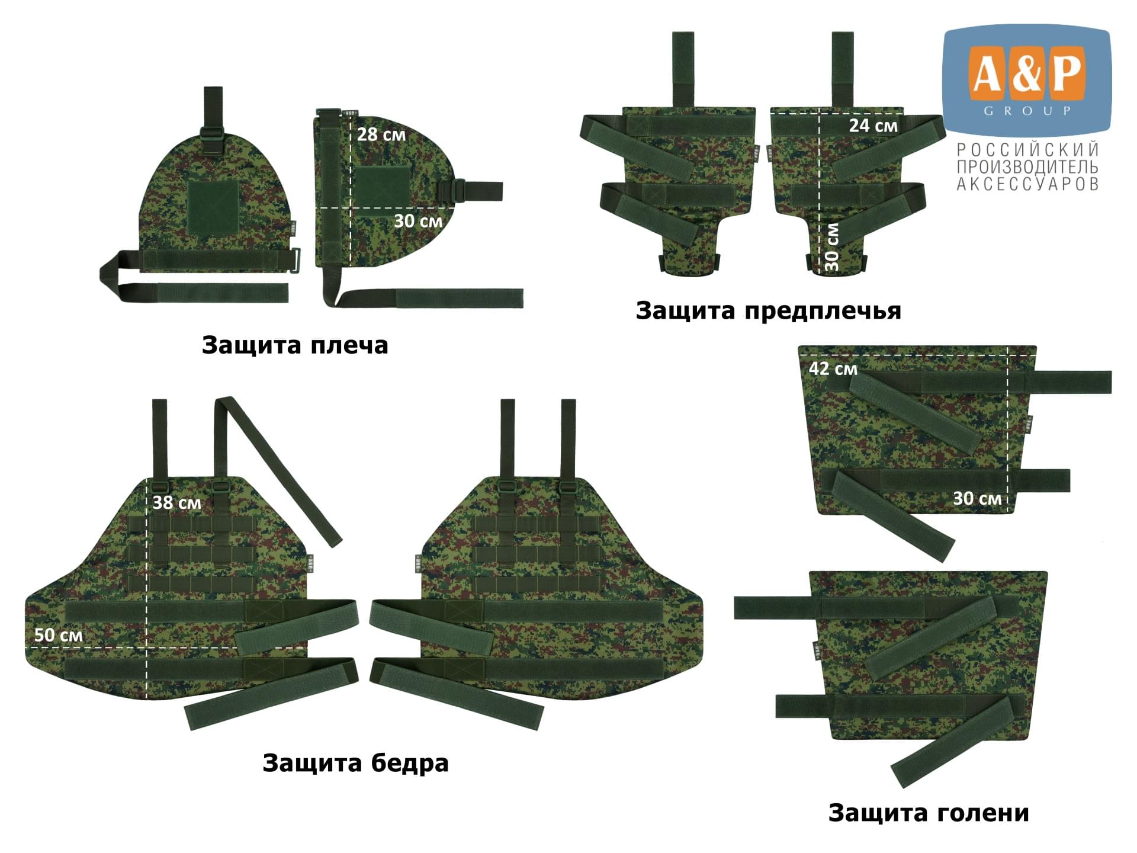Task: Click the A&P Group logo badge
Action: [1027, 81]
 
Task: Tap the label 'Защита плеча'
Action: [295, 345]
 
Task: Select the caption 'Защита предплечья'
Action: [768, 311]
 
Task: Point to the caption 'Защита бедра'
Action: [355, 763]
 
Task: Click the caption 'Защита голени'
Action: [929, 813]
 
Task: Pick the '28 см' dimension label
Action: [381, 134]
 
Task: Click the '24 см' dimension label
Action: [873, 126]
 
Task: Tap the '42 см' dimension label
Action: [833, 368]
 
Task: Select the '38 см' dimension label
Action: [176, 503]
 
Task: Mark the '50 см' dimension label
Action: [58, 635]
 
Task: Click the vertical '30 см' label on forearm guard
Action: [832, 246]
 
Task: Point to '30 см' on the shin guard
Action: [977, 499]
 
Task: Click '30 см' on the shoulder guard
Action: [418, 221]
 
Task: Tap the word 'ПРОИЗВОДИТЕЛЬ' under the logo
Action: [1028, 167]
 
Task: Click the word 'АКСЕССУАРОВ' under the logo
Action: [1028, 184]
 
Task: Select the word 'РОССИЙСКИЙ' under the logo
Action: [1028, 149]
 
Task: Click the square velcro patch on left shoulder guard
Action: [213, 206]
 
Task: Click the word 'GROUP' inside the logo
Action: [1027, 111]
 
